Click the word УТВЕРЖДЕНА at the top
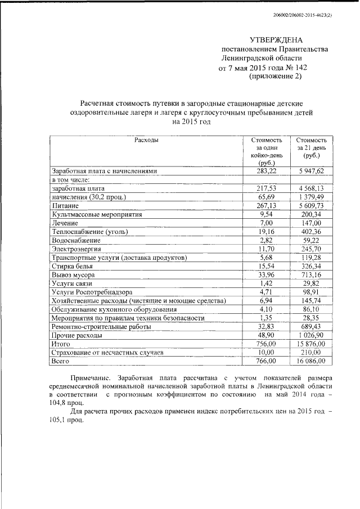(276, 40)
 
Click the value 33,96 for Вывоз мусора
(262, 276)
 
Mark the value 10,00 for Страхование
(262, 353)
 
